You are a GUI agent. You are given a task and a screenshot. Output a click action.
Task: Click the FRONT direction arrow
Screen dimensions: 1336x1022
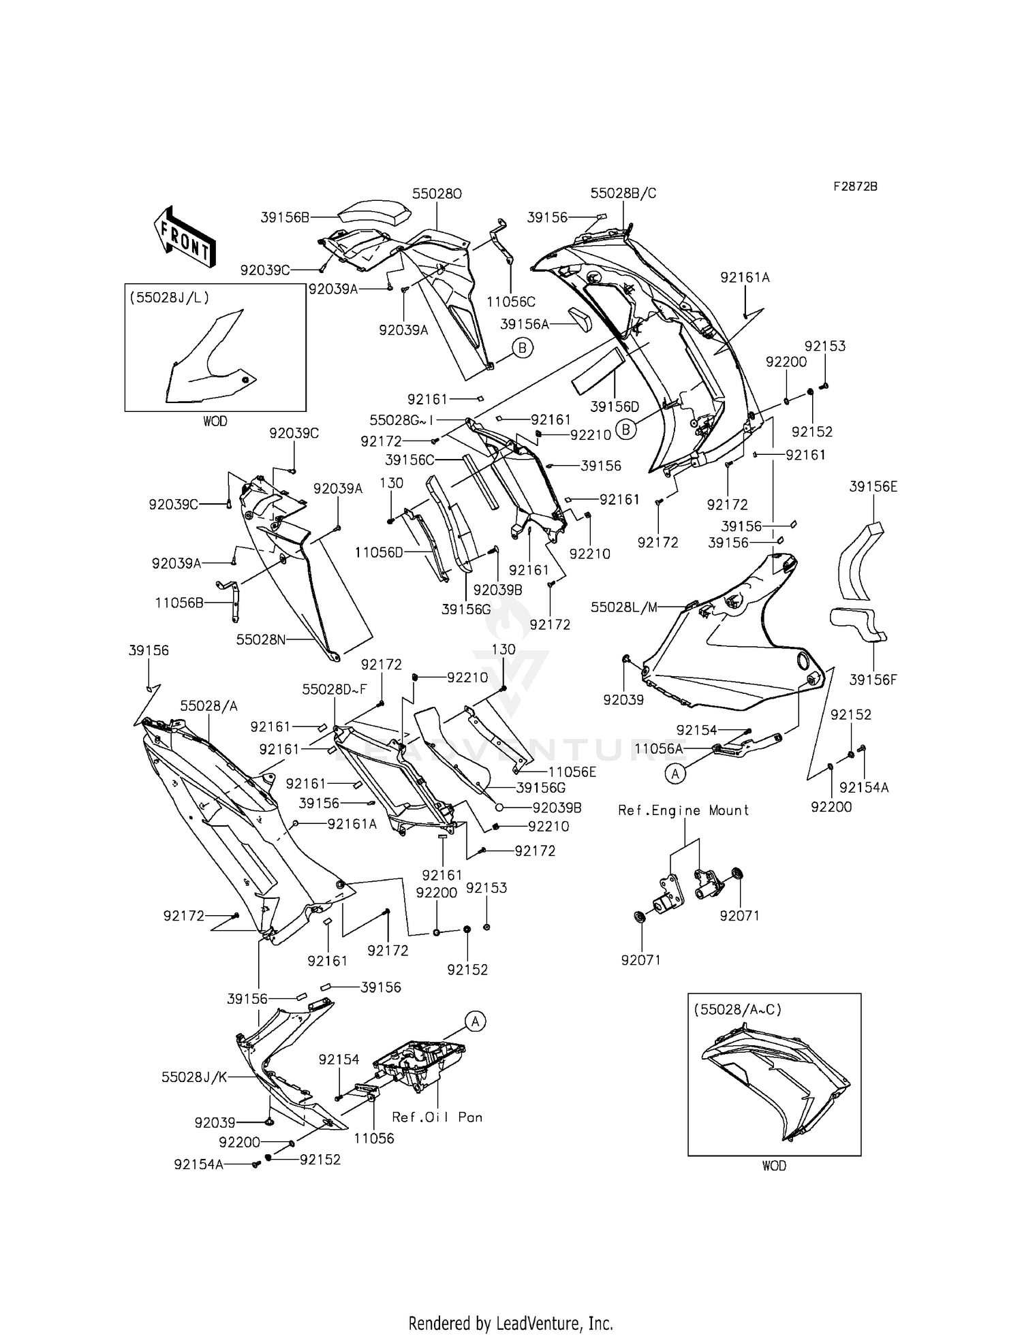coord(185,236)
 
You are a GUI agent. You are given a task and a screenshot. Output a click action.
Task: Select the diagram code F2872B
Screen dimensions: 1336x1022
coord(855,186)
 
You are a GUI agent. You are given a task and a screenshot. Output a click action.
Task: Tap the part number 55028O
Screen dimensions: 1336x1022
coord(437,193)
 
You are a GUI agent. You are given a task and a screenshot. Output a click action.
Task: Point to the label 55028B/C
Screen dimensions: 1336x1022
coord(623,193)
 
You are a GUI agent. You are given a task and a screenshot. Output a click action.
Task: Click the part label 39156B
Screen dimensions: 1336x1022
coord(285,217)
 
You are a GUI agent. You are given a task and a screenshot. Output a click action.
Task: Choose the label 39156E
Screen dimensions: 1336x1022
coord(873,486)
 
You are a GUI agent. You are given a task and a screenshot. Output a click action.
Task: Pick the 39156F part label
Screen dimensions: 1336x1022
coord(873,679)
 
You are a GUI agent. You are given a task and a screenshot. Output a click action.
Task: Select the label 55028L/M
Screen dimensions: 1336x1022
coord(624,607)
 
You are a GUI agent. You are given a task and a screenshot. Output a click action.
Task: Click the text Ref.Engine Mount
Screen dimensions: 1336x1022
coord(683,810)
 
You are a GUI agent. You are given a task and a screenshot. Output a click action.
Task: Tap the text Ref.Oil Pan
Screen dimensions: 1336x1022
coord(437,1117)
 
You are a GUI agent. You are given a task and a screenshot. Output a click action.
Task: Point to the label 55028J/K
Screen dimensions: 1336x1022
coord(194,1077)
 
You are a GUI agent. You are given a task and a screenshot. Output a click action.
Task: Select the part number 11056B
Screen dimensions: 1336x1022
coord(179,602)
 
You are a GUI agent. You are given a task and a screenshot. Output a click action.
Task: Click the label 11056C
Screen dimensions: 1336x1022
coord(511,301)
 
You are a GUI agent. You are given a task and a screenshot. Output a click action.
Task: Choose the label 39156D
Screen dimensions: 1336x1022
coord(615,407)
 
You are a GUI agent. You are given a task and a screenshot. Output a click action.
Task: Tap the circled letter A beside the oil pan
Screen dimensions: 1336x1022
coord(476,1021)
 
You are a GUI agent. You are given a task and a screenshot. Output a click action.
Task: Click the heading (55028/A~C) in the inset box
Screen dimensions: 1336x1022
coord(737,1009)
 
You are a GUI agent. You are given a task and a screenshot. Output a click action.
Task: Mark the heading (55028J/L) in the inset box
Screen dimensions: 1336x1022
coord(169,297)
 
